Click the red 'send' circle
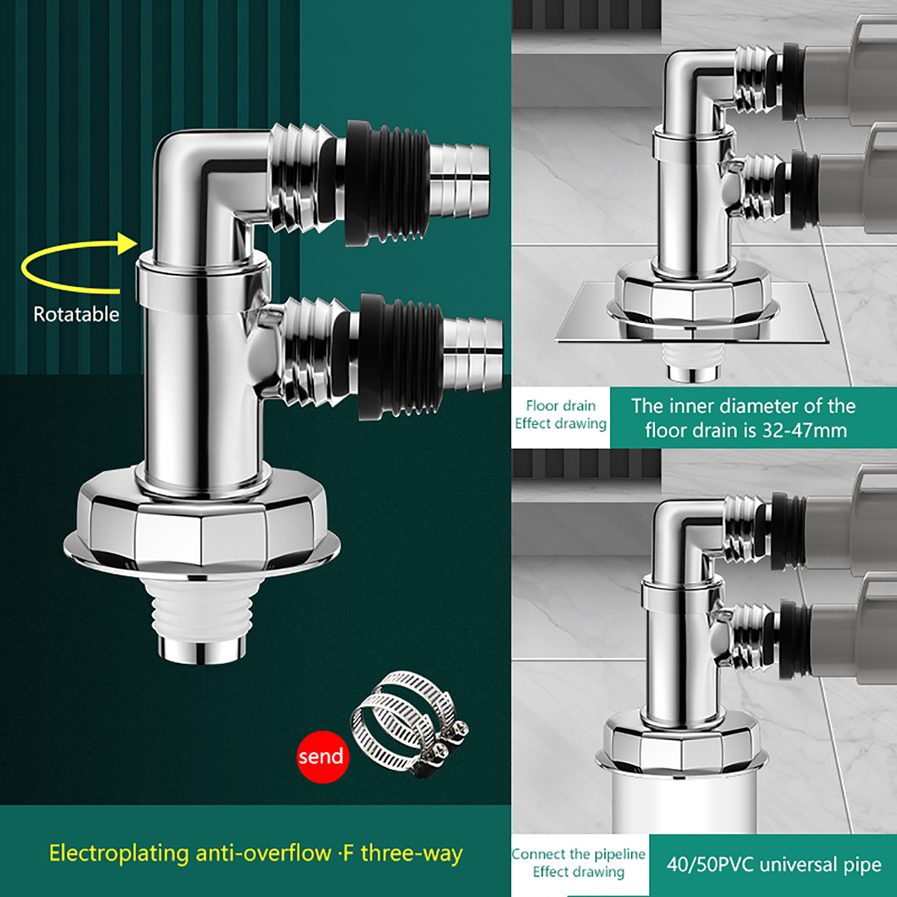(323, 757)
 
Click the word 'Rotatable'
(76, 314)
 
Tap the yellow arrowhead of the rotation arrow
(128, 244)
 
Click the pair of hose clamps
(409, 724)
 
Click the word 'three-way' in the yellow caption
(412, 853)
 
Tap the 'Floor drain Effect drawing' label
(561, 414)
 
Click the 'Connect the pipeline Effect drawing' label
(579, 863)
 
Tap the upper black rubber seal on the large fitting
(387, 183)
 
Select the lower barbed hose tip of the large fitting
(473, 355)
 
